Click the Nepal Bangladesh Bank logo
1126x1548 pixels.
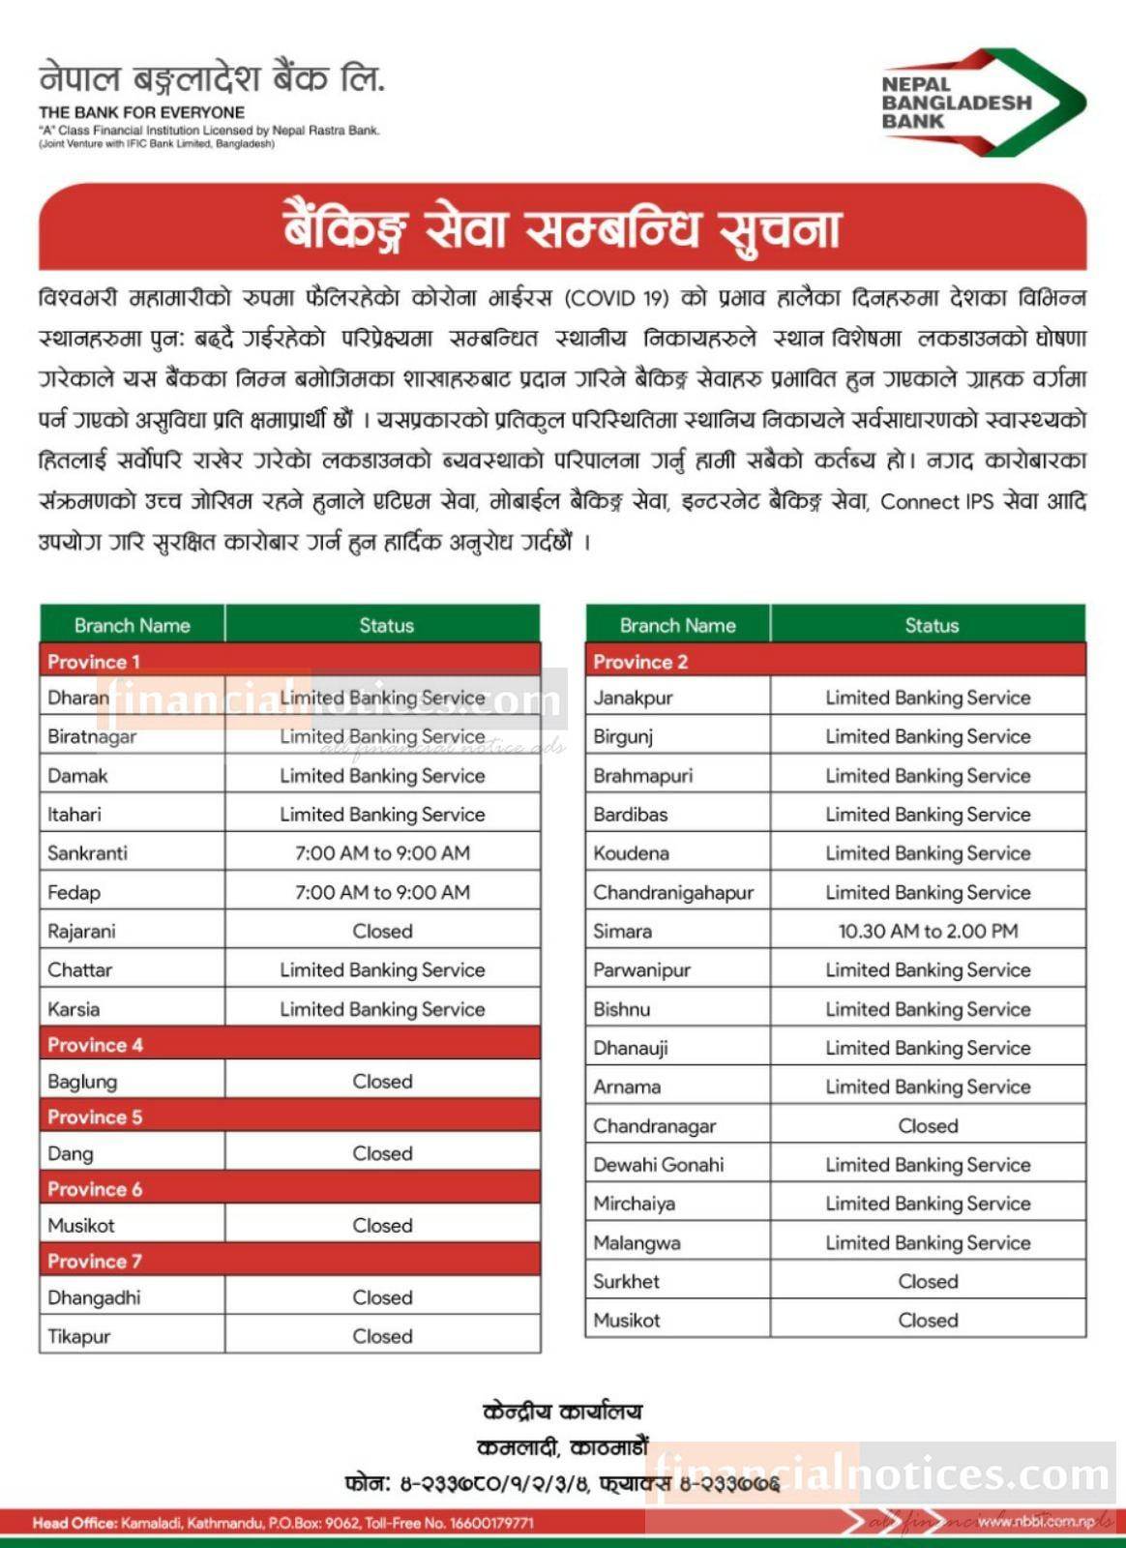(x=982, y=103)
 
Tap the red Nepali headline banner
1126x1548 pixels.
(x=562, y=227)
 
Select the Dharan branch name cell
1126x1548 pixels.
(x=78, y=698)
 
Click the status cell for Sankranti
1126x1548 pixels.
(x=382, y=852)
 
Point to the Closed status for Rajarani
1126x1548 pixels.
(x=382, y=931)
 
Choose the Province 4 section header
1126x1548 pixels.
(x=96, y=1045)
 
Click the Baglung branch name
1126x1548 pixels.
(x=82, y=1082)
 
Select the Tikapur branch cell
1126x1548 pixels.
(x=79, y=1336)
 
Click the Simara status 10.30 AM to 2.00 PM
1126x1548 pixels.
(x=928, y=931)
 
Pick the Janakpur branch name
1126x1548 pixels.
(x=633, y=698)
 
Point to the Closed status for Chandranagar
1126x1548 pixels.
(x=928, y=1125)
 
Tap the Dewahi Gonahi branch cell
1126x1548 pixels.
(x=659, y=1165)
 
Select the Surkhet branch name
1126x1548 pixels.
(x=626, y=1281)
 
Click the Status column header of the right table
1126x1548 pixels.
(x=931, y=625)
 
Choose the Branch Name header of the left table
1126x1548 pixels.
(x=133, y=625)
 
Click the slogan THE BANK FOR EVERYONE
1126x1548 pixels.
(x=141, y=112)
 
